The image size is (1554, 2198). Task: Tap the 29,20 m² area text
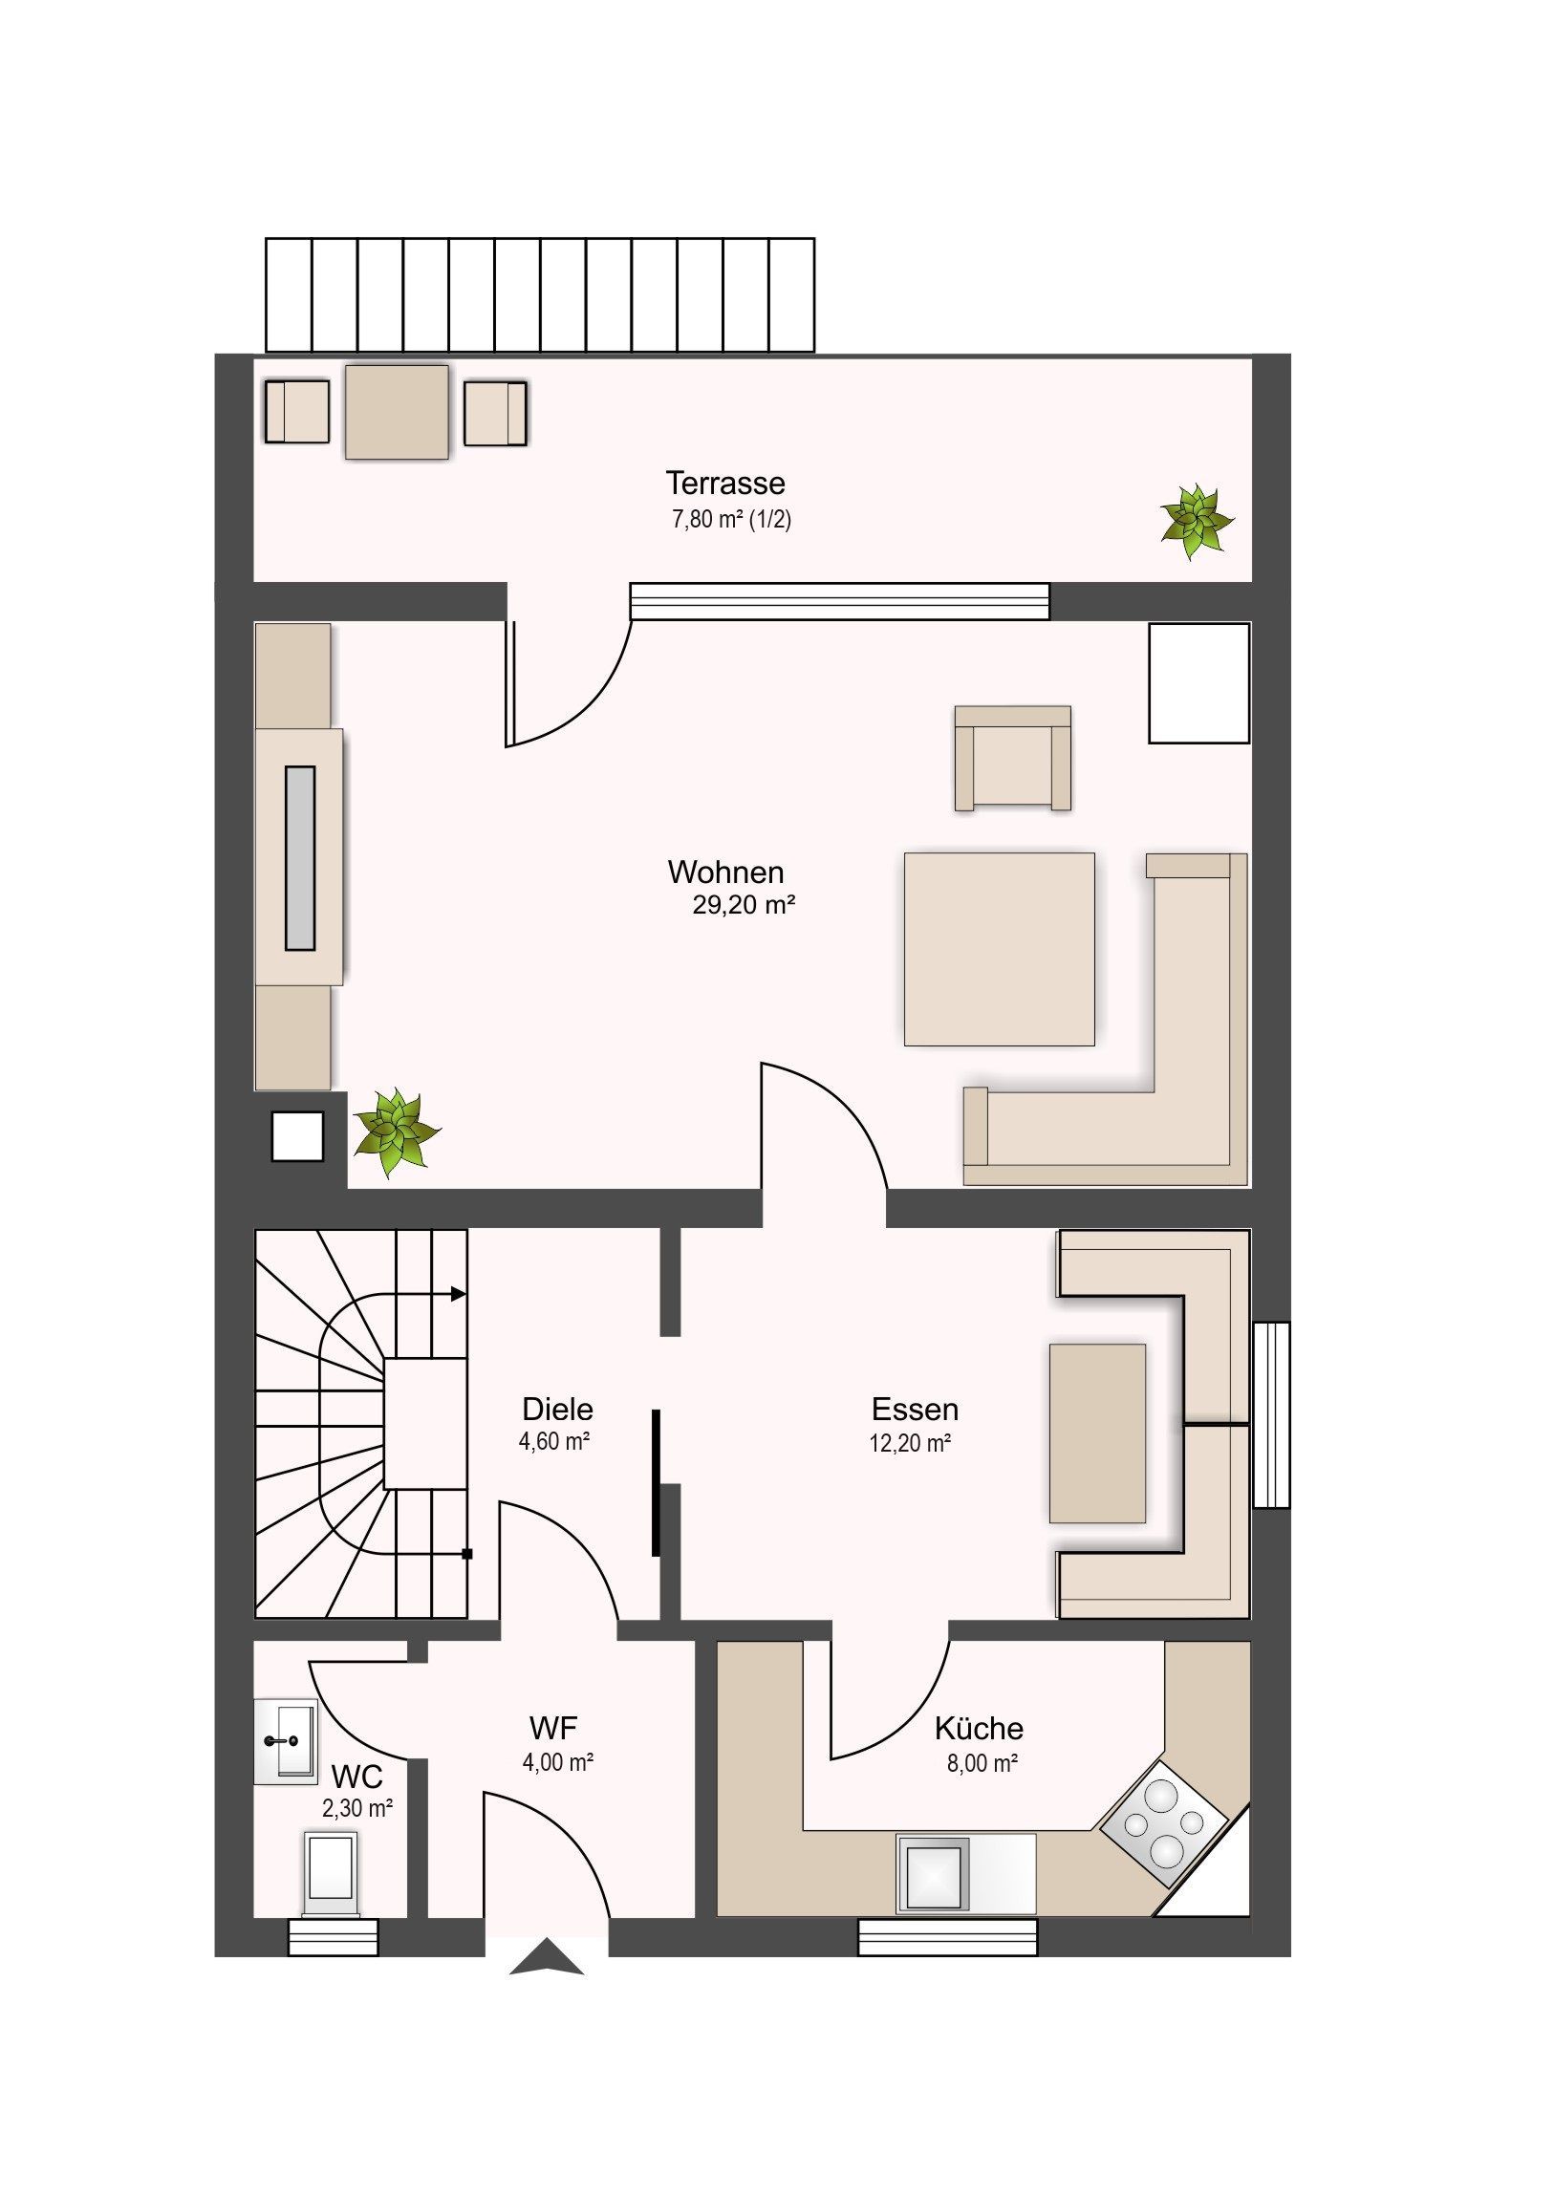pos(745,905)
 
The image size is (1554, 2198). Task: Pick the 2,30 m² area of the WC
pos(358,1807)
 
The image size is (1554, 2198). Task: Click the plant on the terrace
pos(1196,522)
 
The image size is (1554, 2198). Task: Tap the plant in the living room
pos(396,1131)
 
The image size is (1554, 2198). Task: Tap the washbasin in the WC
pos(285,1741)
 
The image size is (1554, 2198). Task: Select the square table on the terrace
pos(397,412)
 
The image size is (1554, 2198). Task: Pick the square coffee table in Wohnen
pos(999,949)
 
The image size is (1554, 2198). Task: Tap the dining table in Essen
pos(1097,1433)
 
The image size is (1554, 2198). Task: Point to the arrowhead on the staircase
pos(459,1294)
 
